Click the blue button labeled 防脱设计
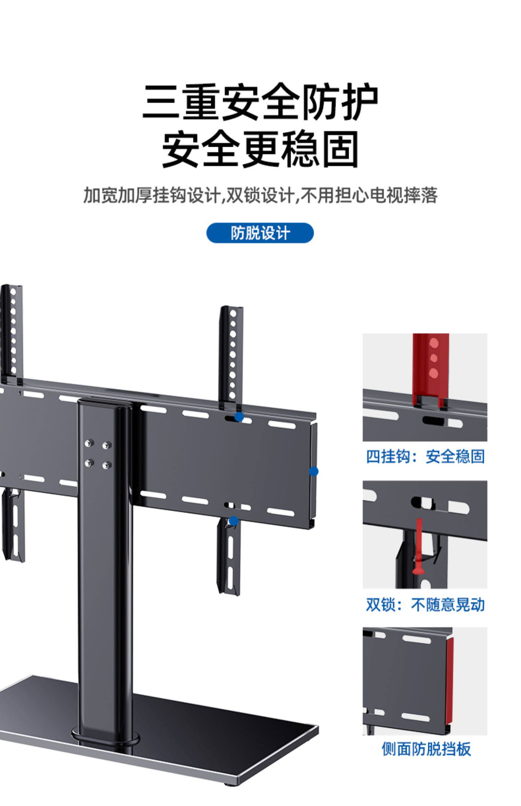(x=260, y=233)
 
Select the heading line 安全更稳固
(x=260, y=149)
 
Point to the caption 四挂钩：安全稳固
(x=425, y=456)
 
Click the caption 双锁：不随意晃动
(x=425, y=605)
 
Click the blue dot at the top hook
(x=239, y=417)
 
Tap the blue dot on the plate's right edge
(x=314, y=471)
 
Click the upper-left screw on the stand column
(x=89, y=443)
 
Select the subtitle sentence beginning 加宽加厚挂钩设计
(x=260, y=195)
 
